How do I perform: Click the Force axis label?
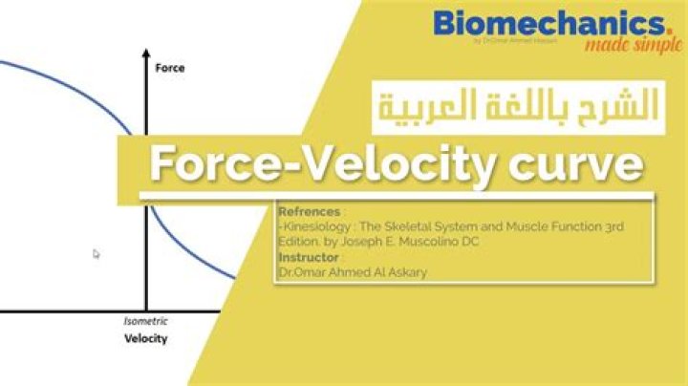(169, 68)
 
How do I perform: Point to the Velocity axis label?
(145, 338)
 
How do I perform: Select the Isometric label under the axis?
(144, 322)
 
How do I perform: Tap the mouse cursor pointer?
(97, 254)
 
